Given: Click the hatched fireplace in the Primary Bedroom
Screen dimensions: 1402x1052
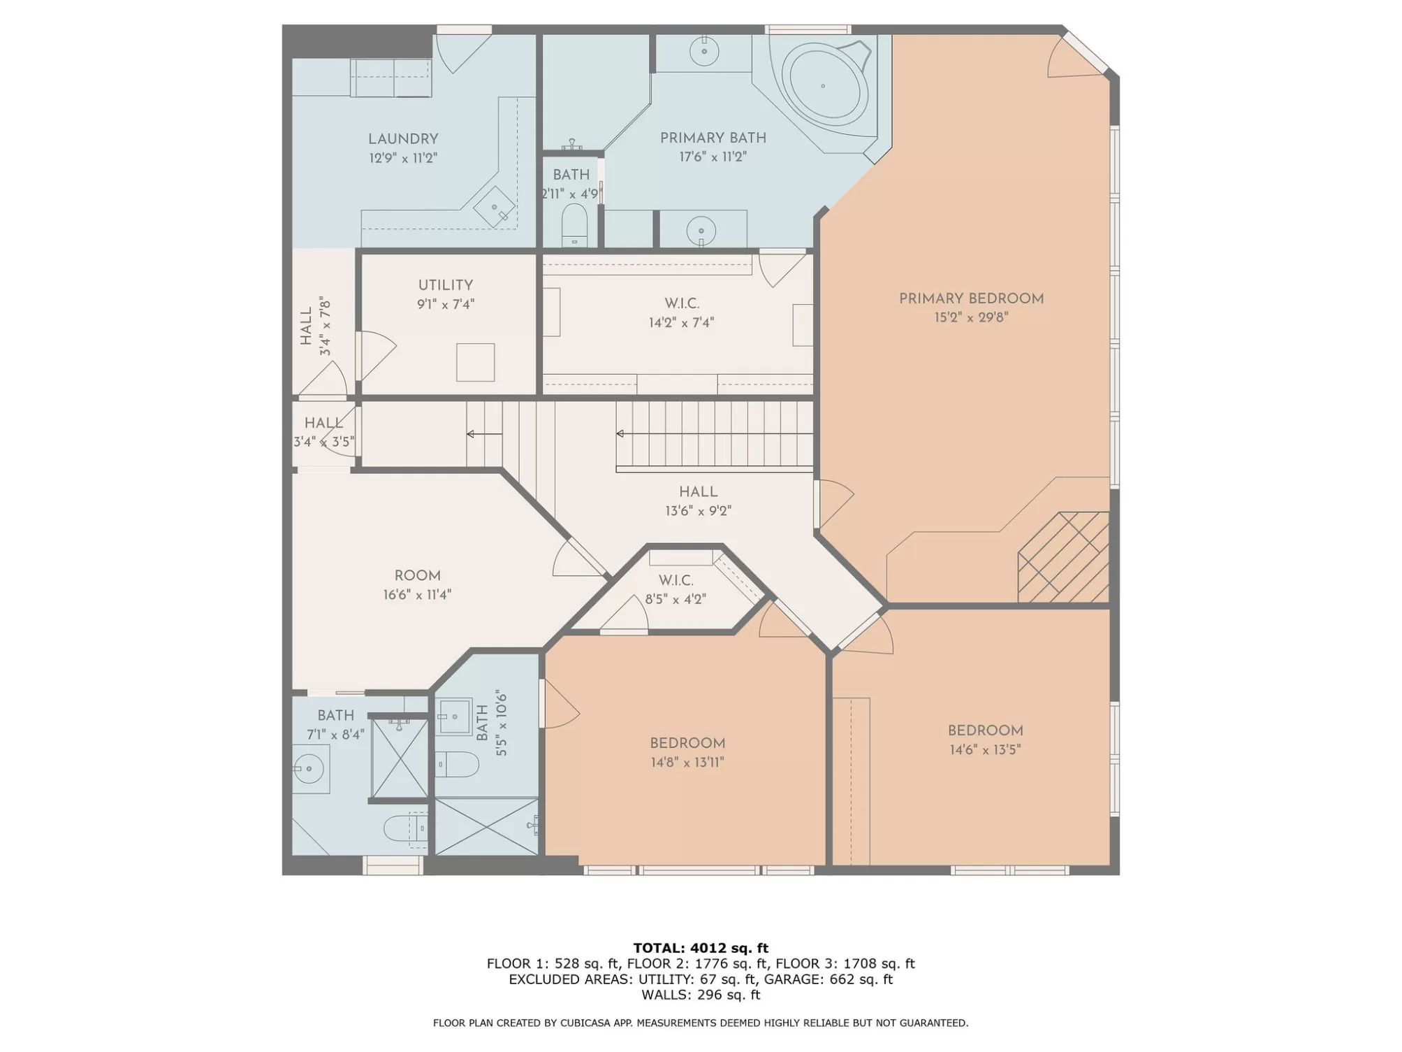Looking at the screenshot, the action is pyautogui.click(x=1063, y=557).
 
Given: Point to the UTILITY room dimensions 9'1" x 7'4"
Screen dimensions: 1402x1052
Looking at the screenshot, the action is pyautogui.click(x=446, y=304).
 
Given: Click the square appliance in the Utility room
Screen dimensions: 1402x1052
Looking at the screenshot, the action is pyautogui.click(x=476, y=362).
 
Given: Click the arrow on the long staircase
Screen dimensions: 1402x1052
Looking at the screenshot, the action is pyautogui.click(x=714, y=434).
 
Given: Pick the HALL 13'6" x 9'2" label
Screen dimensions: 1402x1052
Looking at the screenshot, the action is pyautogui.click(x=698, y=501).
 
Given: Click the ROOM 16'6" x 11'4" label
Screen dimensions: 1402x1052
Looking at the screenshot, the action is pyautogui.click(x=417, y=585).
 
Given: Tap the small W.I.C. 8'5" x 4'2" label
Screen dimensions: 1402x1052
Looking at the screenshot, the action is pyautogui.click(x=676, y=589).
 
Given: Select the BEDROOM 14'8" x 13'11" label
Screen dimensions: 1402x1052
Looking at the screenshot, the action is pyautogui.click(x=687, y=752).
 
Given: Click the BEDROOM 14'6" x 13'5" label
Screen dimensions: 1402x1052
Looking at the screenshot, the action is pyautogui.click(x=985, y=740).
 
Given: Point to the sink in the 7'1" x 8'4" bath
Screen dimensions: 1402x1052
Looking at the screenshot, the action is pyautogui.click(x=310, y=769).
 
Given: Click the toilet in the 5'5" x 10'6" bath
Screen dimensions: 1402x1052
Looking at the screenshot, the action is pyautogui.click(x=458, y=764).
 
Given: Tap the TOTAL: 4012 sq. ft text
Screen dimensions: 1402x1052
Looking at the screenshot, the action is pyautogui.click(x=701, y=948).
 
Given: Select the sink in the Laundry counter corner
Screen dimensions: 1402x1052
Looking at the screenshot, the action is pyautogui.click(x=495, y=207).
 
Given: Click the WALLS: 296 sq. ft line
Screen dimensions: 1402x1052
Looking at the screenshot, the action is pyautogui.click(x=701, y=995).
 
